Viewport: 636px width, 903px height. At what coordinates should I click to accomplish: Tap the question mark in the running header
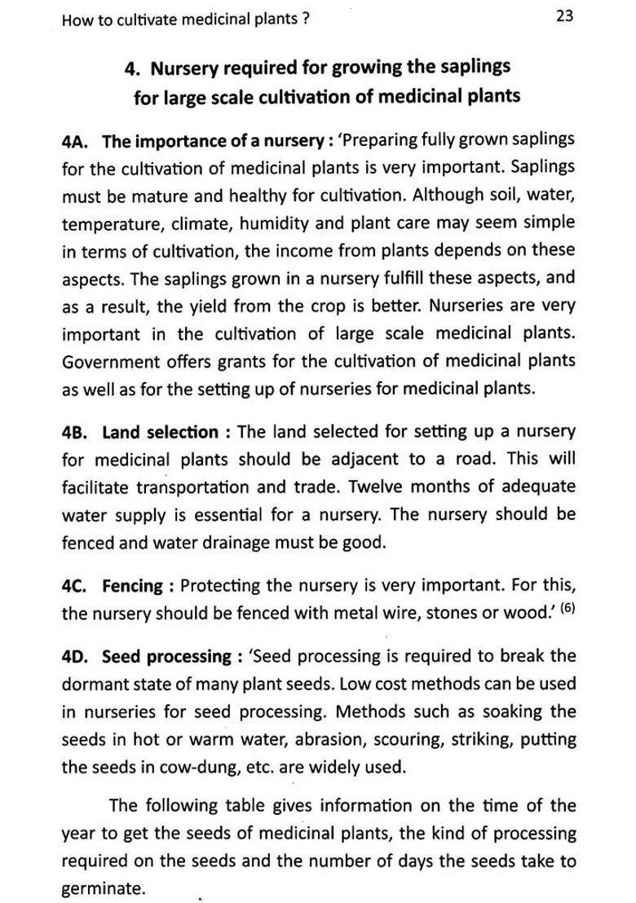[x=306, y=20]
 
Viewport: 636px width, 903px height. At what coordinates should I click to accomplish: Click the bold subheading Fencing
[x=133, y=586]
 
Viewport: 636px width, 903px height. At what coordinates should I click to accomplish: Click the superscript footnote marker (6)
[x=566, y=609]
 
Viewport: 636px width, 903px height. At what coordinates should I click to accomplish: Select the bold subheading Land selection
[x=160, y=432]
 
